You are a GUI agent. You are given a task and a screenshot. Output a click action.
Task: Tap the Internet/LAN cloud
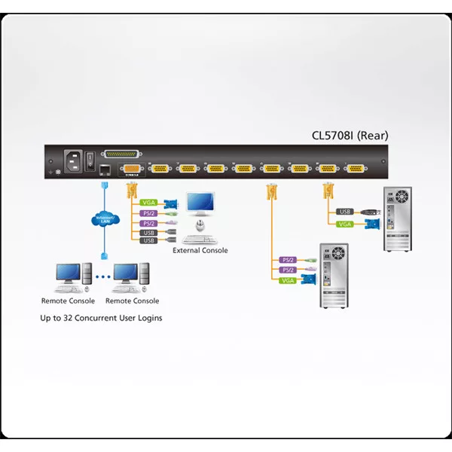(x=103, y=220)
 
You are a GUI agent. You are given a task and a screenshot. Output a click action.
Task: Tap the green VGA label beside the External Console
(x=148, y=202)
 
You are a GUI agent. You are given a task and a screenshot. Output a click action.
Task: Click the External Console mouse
(x=200, y=225)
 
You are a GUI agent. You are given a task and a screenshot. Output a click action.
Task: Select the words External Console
(x=200, y=251)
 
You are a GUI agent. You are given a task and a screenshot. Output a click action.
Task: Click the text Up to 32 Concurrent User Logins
(x=101, y=318)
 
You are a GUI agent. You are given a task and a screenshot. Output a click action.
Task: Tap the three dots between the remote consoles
(x=101, y=276)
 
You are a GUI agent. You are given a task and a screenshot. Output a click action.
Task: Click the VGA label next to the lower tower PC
(x=287, y=280)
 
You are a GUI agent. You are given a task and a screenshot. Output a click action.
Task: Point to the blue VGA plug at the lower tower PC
(x=307, y=280)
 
